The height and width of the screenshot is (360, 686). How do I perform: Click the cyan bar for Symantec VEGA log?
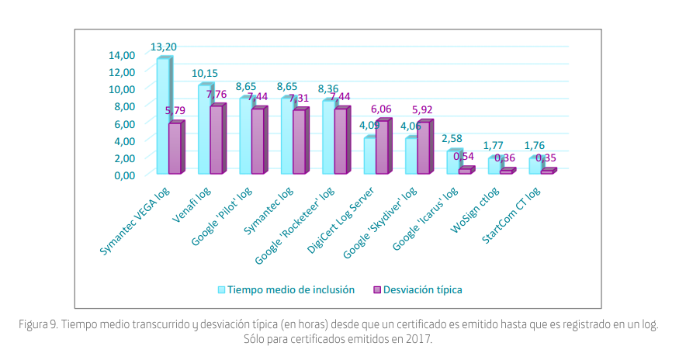[162, 116]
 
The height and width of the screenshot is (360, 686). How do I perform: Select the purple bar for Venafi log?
[216, 140]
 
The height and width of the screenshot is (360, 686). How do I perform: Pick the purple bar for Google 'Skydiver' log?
[423, 147]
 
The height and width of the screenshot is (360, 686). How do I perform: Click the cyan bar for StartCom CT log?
[535, 165]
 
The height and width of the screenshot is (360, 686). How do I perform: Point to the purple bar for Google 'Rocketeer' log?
[340, 140]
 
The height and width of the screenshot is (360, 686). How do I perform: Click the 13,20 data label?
[163, 47]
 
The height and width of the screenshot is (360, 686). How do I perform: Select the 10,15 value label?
[205, 74]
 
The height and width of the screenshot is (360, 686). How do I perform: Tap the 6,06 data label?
[381, 109]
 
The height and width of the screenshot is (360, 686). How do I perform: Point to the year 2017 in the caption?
[419, 339]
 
